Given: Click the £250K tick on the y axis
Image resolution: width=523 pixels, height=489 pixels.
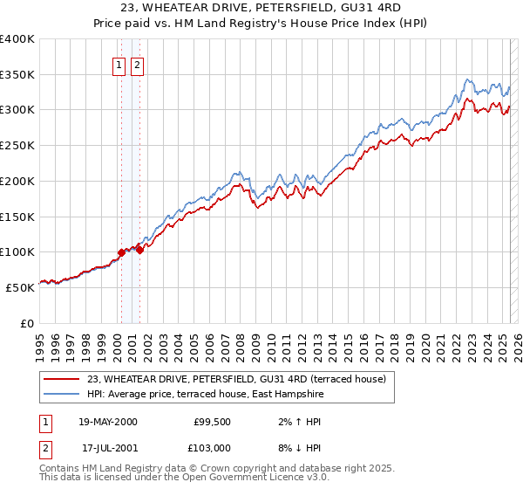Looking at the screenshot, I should coord(17,145).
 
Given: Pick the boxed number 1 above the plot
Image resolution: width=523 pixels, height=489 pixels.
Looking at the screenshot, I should coord(119,63).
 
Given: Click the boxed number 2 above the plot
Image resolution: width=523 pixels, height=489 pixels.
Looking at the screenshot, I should coord(138,63).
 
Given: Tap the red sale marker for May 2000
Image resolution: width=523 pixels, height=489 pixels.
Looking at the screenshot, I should coord(121,252).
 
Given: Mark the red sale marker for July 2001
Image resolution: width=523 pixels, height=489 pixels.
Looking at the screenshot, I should coord(139,250).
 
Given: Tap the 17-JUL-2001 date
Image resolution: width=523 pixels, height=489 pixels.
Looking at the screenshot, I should coord(108,447).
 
